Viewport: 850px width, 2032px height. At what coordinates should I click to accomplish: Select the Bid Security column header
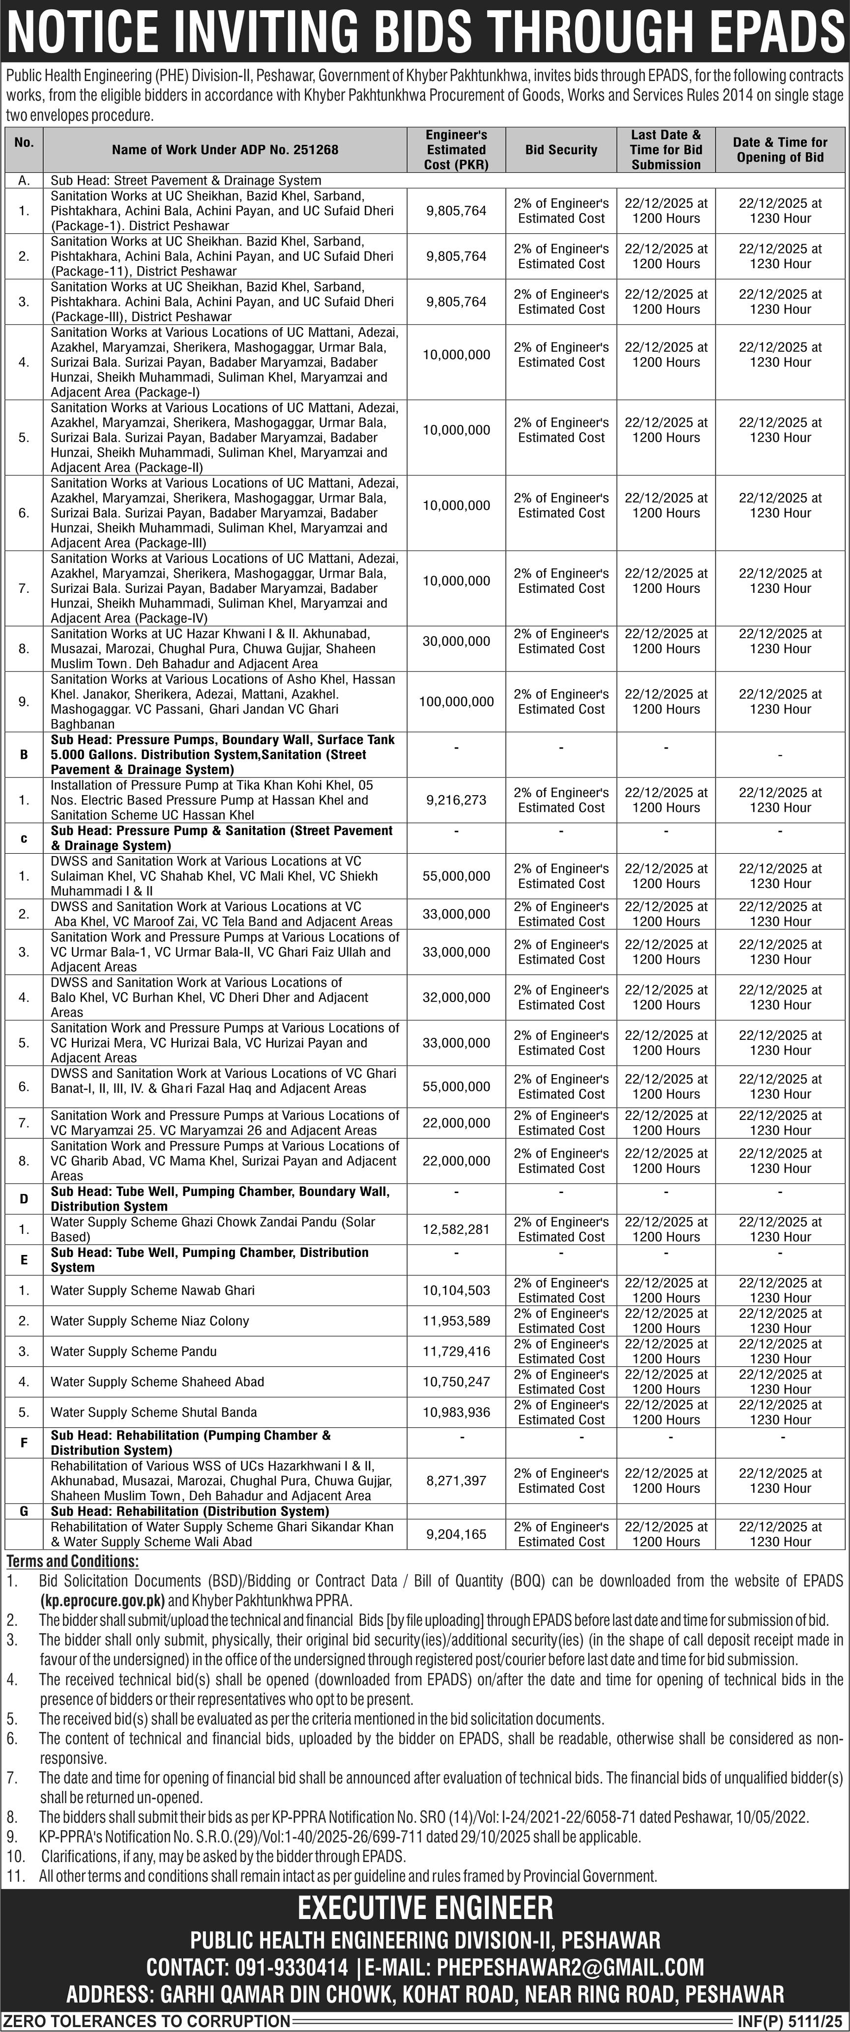tap(561, 150)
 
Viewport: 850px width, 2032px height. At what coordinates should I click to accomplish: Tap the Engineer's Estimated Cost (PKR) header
tap(456, 150)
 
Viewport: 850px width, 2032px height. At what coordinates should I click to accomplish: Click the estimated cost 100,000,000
tap(456, 701)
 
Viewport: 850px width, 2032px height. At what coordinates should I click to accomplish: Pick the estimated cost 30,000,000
tap(456, 641)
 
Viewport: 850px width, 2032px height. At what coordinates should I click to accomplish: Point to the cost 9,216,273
tap(456, 800)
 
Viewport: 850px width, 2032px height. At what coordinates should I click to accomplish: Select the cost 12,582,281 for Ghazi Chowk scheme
tap(456, 1229)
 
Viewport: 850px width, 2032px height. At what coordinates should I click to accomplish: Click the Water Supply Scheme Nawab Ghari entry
tap(152, 1290)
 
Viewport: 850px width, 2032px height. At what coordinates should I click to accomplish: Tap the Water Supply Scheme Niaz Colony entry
tap(150, 1320)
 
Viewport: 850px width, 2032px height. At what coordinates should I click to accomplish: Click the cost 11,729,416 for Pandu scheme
tap(456, 1351)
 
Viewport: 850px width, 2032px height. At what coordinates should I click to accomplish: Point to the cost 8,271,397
tap(456, 1480)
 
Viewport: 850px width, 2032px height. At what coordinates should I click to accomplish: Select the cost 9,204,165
tap(456, 1534)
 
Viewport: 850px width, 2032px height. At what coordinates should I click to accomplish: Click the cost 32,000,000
tap(456, 997)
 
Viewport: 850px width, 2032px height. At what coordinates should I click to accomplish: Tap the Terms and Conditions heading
tap(73, 1561)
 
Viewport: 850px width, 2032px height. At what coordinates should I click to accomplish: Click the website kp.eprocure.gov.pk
tap(103, 1601)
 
